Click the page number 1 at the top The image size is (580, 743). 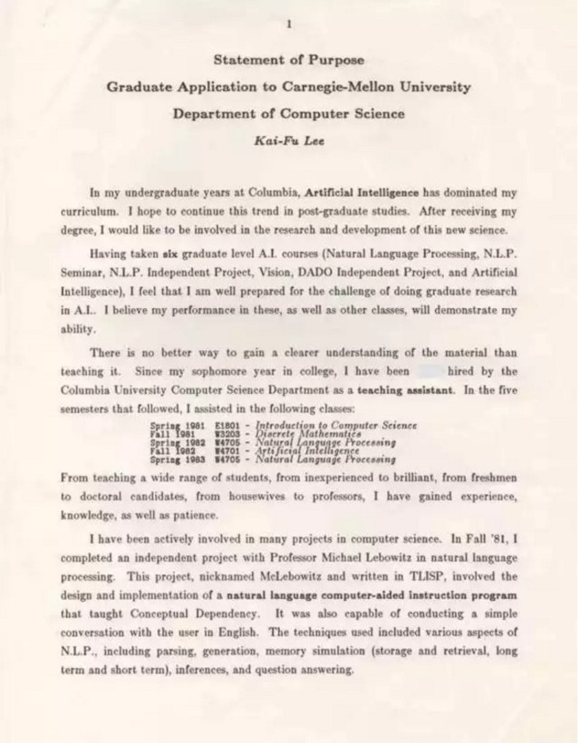(288, 24)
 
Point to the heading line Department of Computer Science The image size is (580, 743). (288, 114)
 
